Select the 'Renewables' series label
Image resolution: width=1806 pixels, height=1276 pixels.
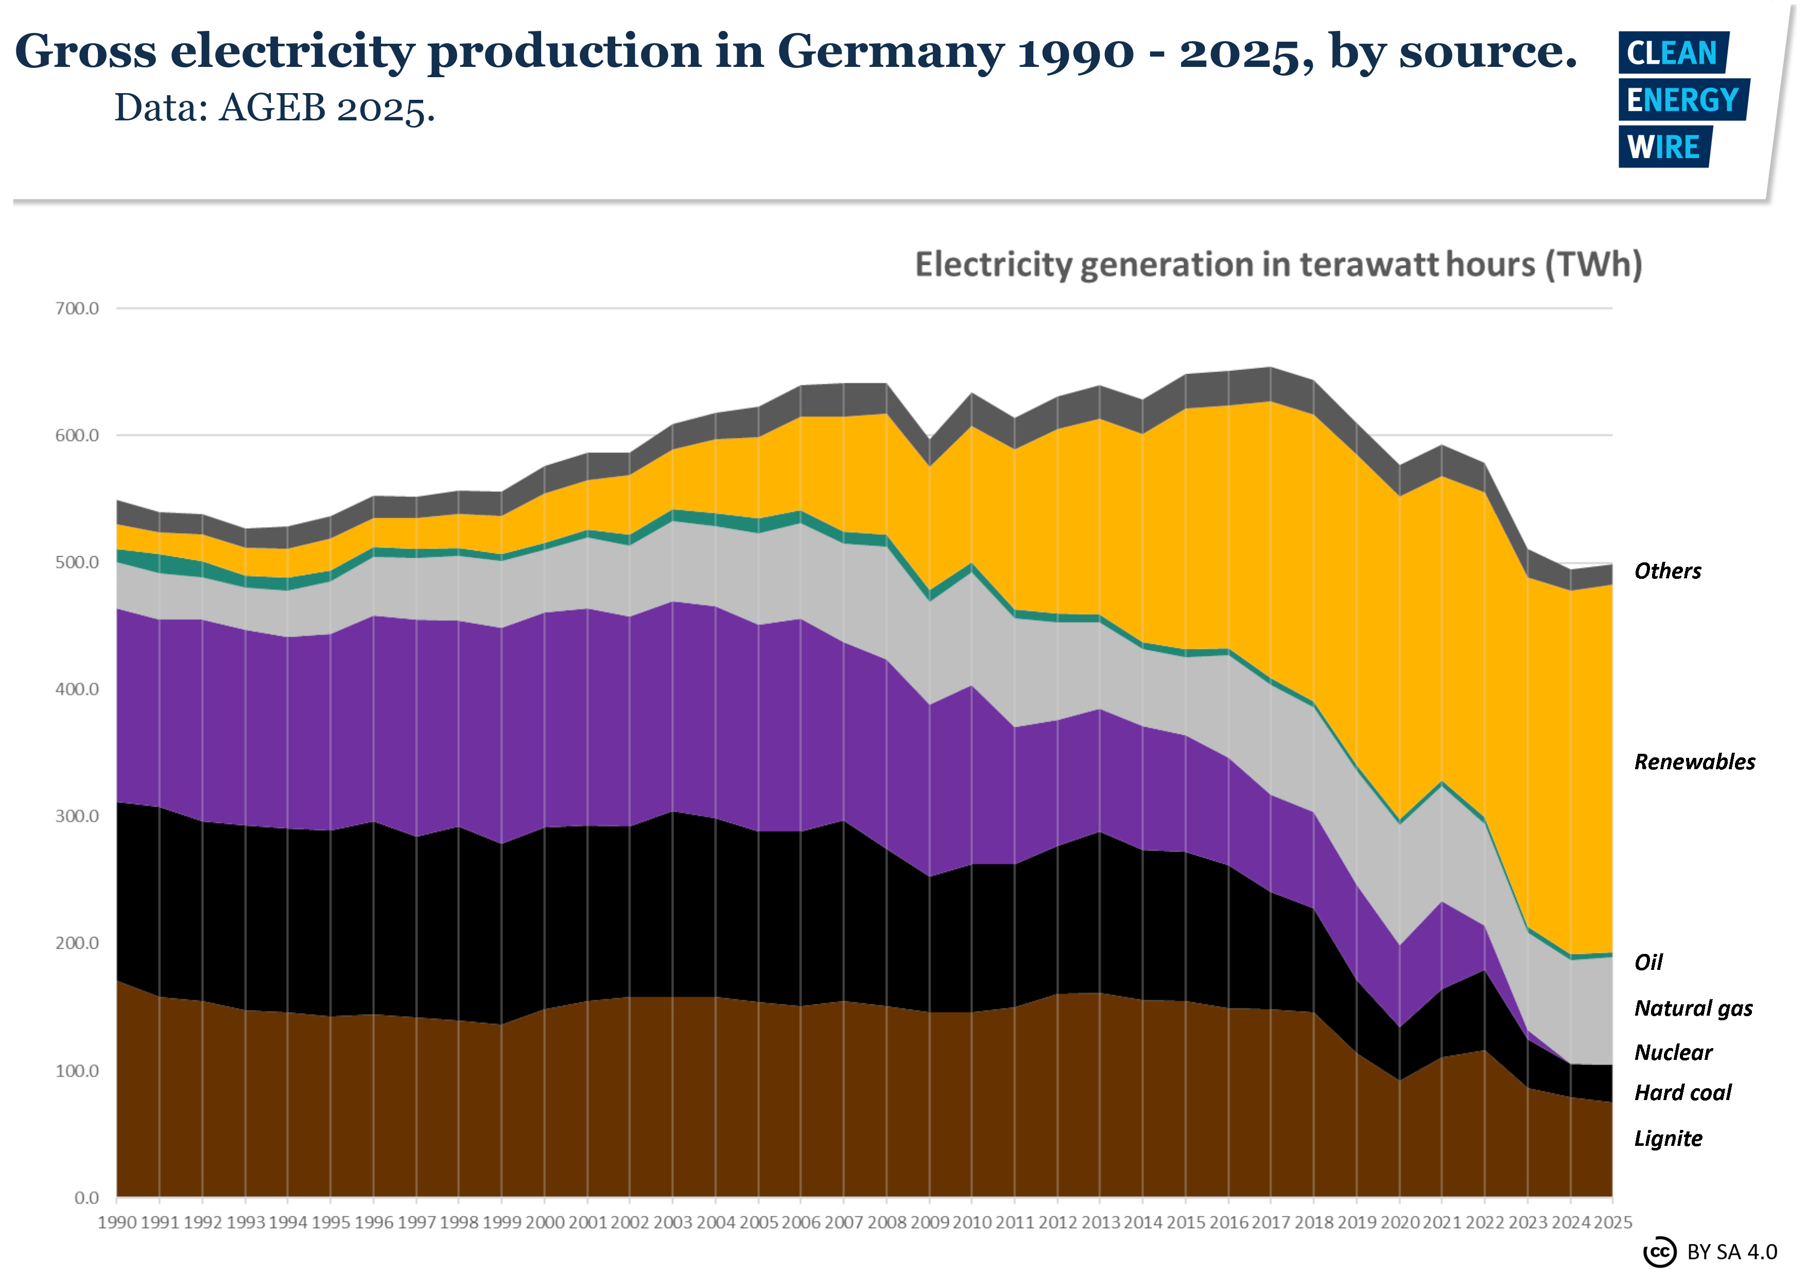coord(1694,762)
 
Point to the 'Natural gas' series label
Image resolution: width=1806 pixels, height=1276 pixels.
coord(1693,1008)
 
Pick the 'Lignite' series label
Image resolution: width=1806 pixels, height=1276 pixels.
coord(1668,1139)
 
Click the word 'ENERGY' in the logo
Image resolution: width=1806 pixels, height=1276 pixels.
coord(1682,100)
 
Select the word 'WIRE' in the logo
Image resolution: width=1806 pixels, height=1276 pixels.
coord(1663,147)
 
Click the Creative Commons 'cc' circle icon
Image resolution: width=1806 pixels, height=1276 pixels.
coord(1660,1252)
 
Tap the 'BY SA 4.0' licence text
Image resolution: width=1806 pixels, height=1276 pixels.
coord(1732,1252)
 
